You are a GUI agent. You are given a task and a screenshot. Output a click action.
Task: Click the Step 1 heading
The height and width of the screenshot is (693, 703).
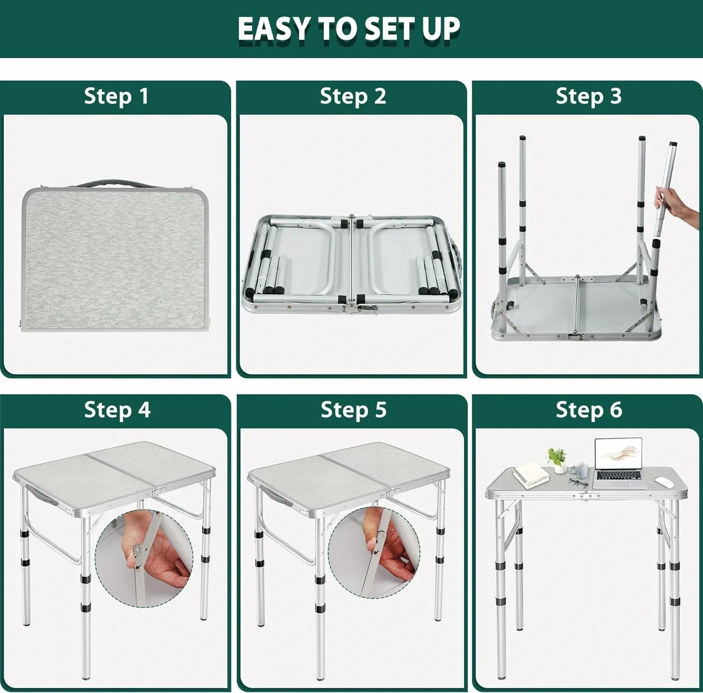click(x=116, y=96)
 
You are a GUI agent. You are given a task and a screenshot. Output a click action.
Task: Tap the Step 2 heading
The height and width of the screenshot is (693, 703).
click(x=353, y=96)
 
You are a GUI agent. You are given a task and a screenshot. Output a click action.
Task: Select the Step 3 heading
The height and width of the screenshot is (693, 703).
click(x=589, y=96)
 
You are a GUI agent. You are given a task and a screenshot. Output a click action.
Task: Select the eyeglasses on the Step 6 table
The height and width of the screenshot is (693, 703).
click(x=578, y=482)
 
